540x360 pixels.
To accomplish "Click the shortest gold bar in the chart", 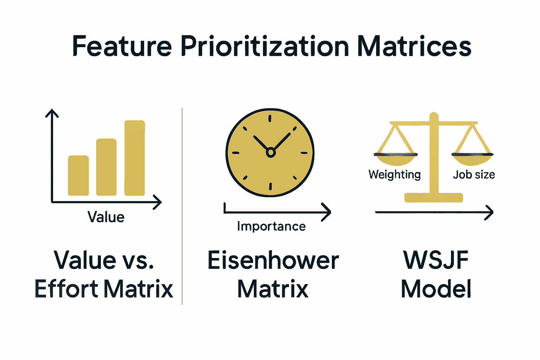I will point(78,175).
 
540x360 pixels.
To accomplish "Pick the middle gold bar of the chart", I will point(106,167).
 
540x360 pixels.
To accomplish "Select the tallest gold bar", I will point(135,158).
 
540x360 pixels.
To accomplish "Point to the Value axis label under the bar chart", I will point(106,217).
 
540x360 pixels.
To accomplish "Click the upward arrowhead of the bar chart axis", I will point(52,112).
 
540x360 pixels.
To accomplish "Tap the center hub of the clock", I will point(270,153).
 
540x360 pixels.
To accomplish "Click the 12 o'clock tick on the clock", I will point(270,118).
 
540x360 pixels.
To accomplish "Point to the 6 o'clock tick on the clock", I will point(270,186).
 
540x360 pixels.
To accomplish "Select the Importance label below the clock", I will point(271,226).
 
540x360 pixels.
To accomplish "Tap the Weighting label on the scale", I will point(394,174).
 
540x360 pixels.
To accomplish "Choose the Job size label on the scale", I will point(474,174).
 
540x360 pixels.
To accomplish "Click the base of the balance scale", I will point(433,198).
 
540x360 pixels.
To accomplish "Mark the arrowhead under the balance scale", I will point(490,212).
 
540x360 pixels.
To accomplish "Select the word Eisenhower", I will point(273,261).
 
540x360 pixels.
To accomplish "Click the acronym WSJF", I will point(436,260).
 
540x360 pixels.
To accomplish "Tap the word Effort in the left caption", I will point(66,289).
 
